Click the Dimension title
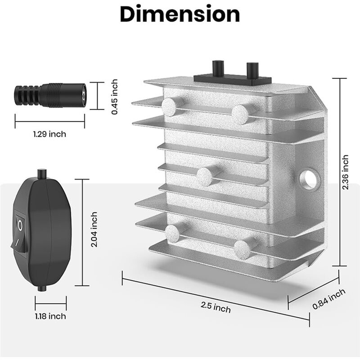click(180, 14)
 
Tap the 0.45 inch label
click(114, 97)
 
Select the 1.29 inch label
click(49, 134)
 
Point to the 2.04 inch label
click(94, 229)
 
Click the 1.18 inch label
click(50, 316)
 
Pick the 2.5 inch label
click(216, 307)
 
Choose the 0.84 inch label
click(329, 299)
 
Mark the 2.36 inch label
click(345, 172)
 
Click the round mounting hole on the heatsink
click(310, 179)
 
